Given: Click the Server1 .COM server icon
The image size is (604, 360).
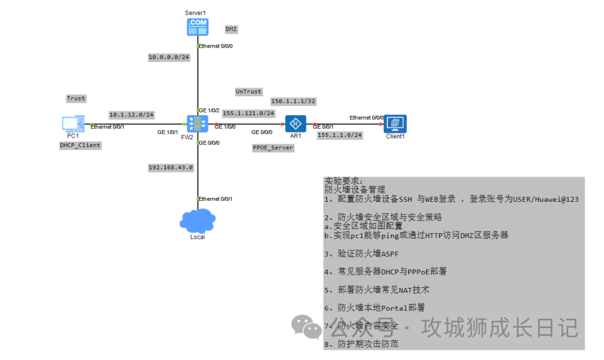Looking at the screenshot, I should click(x=197, y=27).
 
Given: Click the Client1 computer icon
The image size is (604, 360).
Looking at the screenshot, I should click(x=395, y=123).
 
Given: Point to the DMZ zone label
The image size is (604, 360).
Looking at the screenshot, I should click(x=232, y=29).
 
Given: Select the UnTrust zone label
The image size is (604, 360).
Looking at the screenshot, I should click(x=248, y=91).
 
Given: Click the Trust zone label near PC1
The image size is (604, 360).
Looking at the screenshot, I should click(x=76, y=98).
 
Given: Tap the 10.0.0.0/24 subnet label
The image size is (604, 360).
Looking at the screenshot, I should click(x=168, y=57).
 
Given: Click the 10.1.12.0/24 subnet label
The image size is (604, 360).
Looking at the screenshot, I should click(x=131, y=115).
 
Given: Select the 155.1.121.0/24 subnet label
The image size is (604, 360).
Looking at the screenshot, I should click(x=248, y=113).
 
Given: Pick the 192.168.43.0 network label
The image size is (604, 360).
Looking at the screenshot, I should click(x=170, y=167).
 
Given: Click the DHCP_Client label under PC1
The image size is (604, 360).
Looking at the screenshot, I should click(x=80, y=145).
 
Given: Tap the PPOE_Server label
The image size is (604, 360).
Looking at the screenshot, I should click(x=273, y=148).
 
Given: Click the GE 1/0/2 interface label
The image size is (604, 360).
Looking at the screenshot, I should click(x=210, y=111).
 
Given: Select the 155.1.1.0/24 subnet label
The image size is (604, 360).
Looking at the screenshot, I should click(x=339, y=135).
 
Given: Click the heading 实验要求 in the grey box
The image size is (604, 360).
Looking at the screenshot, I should click(x=343, y=182).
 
